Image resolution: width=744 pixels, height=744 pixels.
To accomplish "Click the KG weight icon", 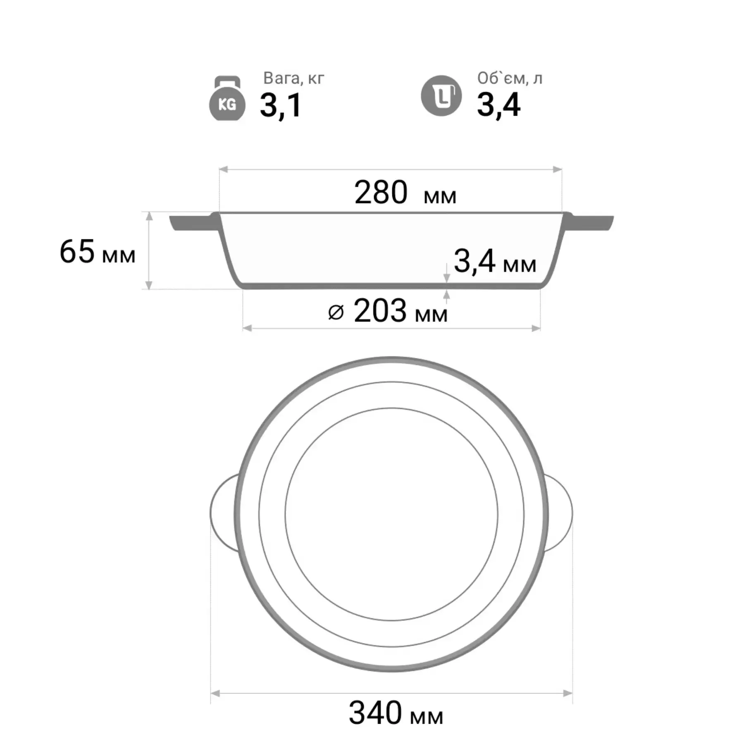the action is [227, 99].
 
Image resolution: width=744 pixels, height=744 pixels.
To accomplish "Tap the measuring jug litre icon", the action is [441, 96].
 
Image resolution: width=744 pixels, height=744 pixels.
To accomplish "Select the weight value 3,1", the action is [281, 105].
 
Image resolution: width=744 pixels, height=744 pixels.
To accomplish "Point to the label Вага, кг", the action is [294, 78].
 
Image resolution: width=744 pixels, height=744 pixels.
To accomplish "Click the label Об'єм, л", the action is [510, 78].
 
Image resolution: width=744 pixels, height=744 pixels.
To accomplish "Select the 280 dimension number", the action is [381, 193].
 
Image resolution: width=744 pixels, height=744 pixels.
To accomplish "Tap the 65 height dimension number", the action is [77, 251].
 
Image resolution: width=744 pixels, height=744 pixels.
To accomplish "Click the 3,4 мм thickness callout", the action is [495, 262].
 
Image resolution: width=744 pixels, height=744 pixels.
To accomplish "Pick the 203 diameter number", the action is [380, 311].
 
